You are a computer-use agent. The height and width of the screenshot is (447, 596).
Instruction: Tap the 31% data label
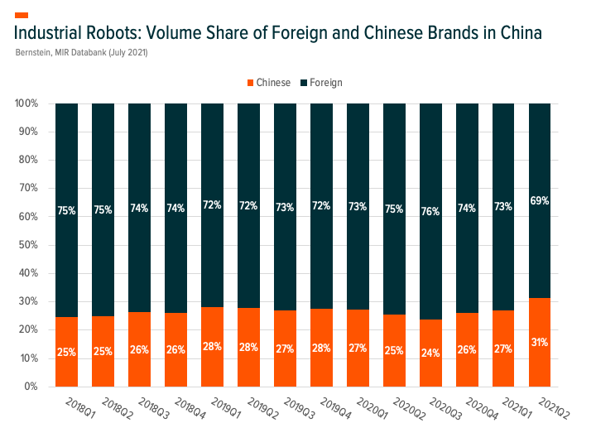(540, 342)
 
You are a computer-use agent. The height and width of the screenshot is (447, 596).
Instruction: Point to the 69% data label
(540, 200)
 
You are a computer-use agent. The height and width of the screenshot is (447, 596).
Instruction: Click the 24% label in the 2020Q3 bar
(430, 352)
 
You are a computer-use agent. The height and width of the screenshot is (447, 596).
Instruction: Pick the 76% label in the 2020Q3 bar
(430, 210)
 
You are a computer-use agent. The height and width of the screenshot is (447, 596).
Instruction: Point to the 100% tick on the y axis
(26, 103)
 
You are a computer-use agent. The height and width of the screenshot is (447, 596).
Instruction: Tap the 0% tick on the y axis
(31, 387)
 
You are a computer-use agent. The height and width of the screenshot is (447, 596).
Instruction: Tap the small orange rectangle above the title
(22, 15)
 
